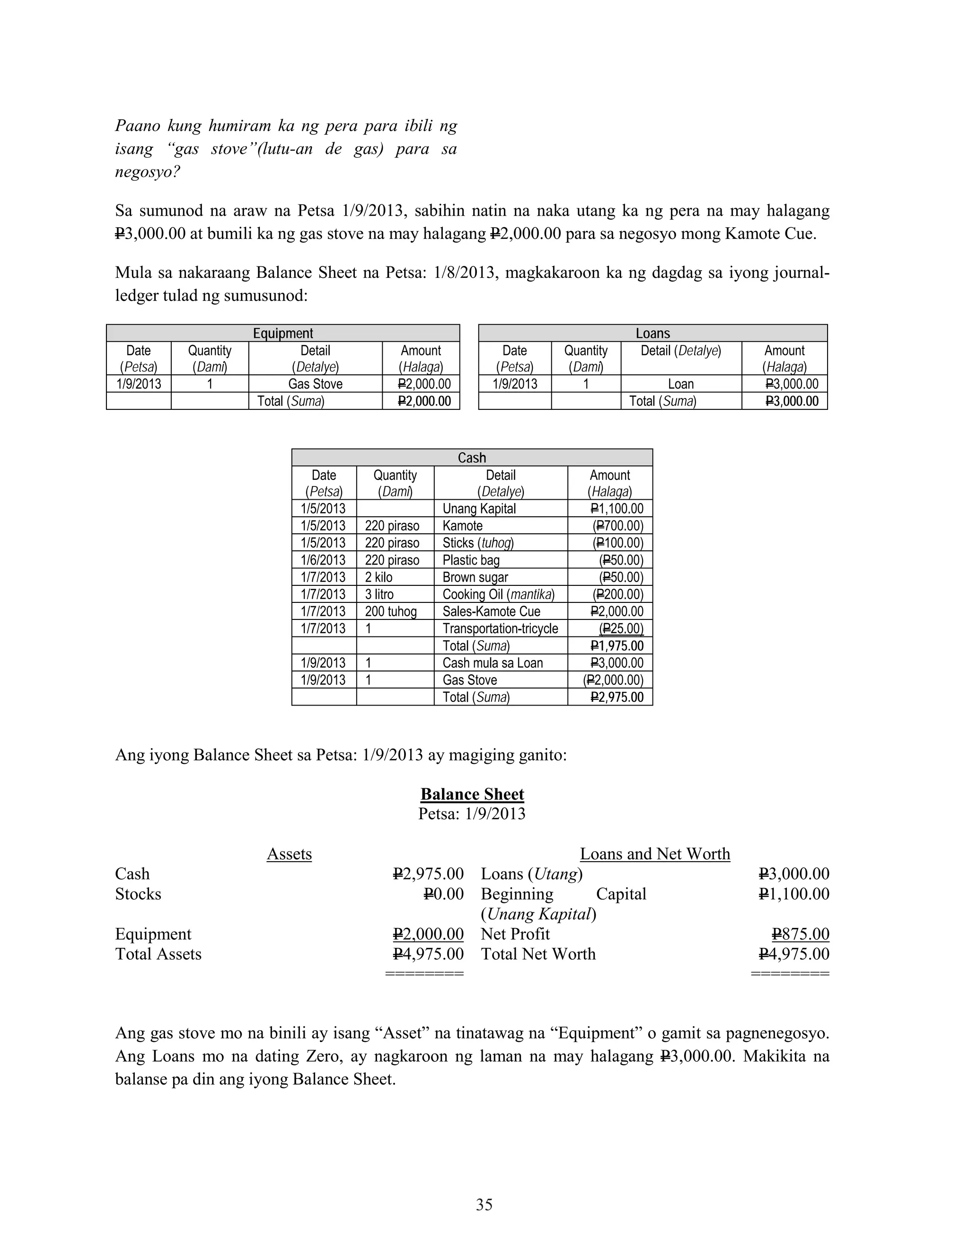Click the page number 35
tap(484, 1204)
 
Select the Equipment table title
tap(283, 333)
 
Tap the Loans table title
tap(652, 333)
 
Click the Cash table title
tap(472, 458)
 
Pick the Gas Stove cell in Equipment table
tap(315, 384)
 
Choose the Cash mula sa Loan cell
tap(493, 662)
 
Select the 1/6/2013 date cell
tap(323, 560)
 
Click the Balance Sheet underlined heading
tap(472, 794)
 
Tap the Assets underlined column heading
tap(289, 854)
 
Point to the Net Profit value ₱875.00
tap(801, 934)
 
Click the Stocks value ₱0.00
tap(443, 894)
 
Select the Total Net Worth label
tap(538, 954)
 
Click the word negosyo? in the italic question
tap(148, 172)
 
